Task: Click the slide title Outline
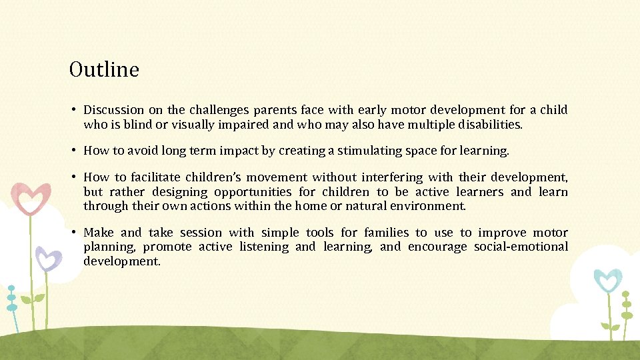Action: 104,69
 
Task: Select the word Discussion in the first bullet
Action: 113,110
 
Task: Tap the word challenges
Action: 217,110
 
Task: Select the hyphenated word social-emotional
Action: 521,247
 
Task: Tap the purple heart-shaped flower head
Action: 48,258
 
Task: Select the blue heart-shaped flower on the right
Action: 607,281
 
